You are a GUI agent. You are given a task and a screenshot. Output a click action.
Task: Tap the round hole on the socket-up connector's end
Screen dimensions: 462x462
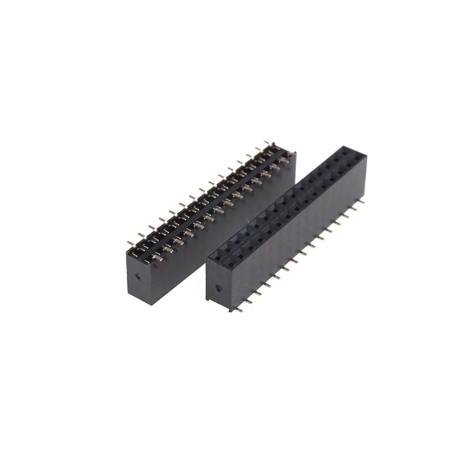[x=219, y=289]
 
